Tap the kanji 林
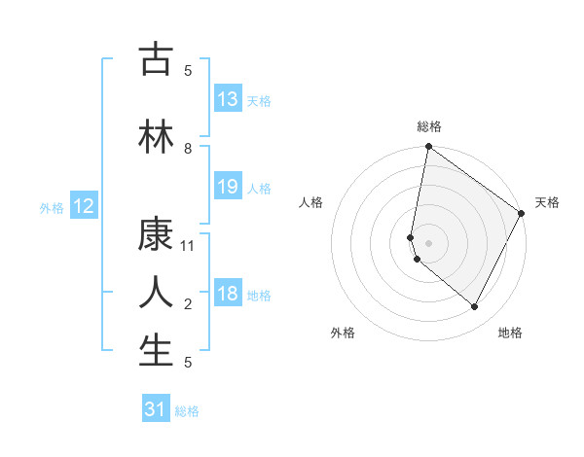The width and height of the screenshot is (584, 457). (156, 136)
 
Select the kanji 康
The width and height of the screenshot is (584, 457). (156, 233)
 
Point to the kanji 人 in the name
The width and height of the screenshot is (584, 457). (156, 292)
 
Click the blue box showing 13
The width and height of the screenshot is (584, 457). (228, 99)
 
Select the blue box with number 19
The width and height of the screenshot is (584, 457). (228, 187)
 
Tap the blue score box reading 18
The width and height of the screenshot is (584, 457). (228, 295)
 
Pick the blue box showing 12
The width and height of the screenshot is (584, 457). (84, 206)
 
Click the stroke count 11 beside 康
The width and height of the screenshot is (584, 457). (189, 246)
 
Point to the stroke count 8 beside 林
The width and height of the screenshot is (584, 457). (189, 149)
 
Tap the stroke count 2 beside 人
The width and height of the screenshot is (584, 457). (189, 304)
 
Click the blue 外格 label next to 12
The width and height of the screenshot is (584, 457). (51, 207)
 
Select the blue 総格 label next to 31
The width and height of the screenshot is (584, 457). (188, 411)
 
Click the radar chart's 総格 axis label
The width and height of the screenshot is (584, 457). (428, 126)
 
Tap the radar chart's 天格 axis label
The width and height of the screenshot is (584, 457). (547, 202)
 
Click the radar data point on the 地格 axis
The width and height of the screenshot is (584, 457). (474, 306)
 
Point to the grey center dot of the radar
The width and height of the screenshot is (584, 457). (428, 243)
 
